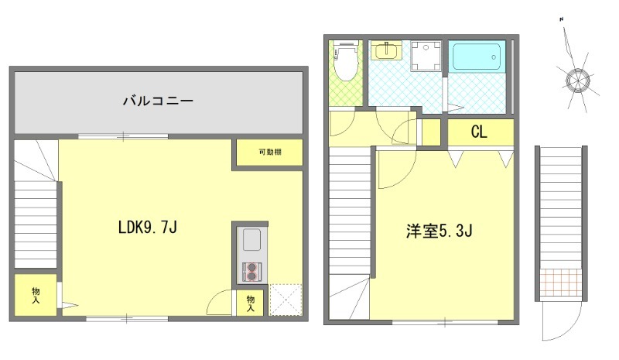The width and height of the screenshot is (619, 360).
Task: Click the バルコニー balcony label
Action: pos(157,101)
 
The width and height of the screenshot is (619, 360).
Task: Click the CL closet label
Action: pos(479,132)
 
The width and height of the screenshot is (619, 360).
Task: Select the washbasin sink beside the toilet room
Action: pos(385,52)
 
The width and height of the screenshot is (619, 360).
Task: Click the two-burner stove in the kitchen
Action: pos(252,271)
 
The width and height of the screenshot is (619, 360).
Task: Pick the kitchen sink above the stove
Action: pos(252,243)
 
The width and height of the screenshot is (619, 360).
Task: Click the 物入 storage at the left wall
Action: pos(36,295)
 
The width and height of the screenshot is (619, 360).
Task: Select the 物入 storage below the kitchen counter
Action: pos(250,303)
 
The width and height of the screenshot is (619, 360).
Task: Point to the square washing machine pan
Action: pos(424,55)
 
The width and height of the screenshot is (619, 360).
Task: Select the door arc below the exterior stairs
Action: pos(552,321)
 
